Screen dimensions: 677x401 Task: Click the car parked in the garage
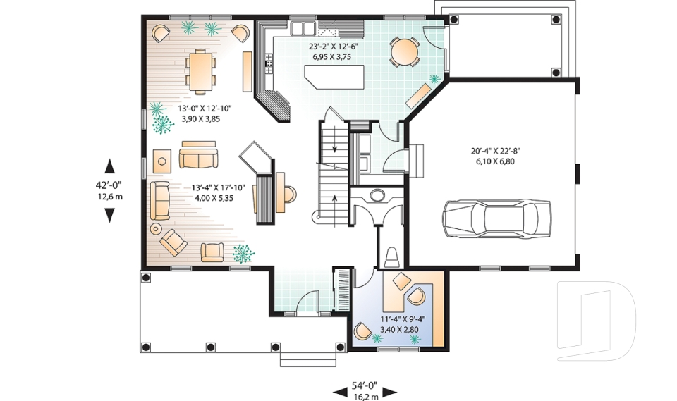[x=496, y=218]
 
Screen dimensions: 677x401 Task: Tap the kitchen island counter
[x=334, y=77]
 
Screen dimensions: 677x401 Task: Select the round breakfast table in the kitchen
[x=405, y=51]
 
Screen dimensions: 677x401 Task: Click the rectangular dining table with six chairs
[x=200, y=70]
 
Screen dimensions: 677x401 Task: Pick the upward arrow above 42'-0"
[x=110, y=166]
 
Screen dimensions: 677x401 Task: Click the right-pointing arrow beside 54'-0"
[x=390, y=392]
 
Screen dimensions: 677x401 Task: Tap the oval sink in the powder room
[x=377, y=195]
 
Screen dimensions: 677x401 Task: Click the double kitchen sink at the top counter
[x=303, y=28]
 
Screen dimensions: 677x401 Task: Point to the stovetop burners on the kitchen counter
[x=269, y=63]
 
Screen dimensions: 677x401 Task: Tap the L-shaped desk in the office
[x=413, y=298]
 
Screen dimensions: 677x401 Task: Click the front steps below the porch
[x=308, y=359]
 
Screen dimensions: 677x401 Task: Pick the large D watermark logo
[x=596, y=321]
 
